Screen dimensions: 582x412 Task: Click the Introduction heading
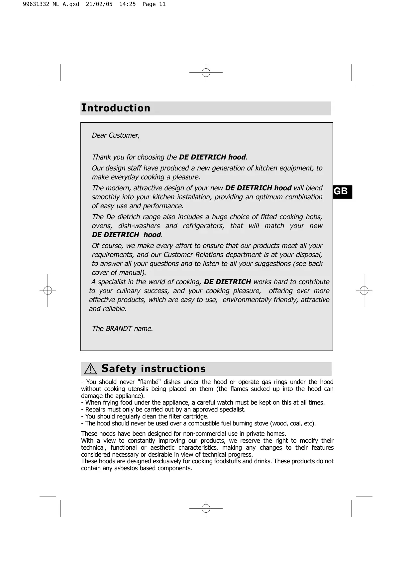point(116,108)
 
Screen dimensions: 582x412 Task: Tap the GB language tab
point(341,191)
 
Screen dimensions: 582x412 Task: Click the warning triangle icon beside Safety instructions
point(90,369)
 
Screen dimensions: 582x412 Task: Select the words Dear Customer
point(116,135)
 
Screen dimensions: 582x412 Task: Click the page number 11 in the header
point(162,4)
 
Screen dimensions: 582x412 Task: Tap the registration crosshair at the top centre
point(206,72)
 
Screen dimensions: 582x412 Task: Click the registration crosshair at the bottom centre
point(206,508)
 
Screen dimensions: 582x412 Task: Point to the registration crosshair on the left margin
point(48,291)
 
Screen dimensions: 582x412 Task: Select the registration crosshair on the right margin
point(364,291)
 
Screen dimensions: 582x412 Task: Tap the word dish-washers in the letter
point(139,226)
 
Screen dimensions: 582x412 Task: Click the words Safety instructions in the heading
point(154,369)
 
